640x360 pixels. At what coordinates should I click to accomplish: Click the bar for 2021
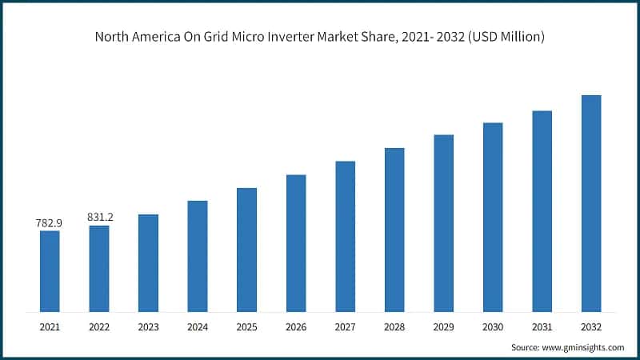click(x=50, y=271)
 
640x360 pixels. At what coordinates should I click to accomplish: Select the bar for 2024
click(x=197, y=256)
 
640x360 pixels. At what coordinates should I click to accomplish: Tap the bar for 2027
click(x=345, y=236)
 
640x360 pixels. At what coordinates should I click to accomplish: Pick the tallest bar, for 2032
click(x=591, y=203)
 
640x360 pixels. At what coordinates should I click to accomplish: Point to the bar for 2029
click(x=443, y=223)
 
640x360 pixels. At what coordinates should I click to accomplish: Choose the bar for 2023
click(x=148, y=263)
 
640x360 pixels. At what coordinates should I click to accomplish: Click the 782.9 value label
click(x=50, y=223)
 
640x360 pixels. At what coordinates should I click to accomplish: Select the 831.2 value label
click(x=99, y=218)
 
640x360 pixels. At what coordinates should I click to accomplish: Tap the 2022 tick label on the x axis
click(x=99, y=326)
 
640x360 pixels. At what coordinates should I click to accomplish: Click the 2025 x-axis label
click(x=246, y=326)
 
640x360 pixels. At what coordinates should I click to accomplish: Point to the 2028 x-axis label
click(x=394, y=326)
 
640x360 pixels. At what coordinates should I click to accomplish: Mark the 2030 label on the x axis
click(x=493, y=326)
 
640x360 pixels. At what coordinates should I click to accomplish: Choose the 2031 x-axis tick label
click(x=542, y=326)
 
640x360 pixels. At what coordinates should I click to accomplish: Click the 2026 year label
click(x=296, y=326)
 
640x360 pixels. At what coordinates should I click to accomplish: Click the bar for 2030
click(x=493, y=217)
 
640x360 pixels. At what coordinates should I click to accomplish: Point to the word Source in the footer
click(x=526, y=347)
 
